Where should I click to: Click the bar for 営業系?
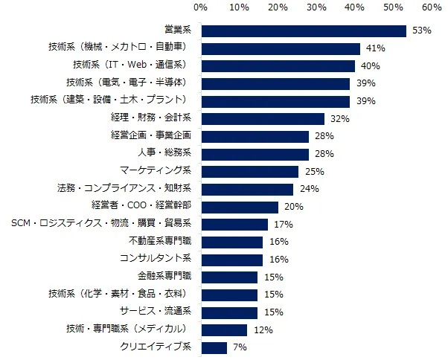[x=304, y=30]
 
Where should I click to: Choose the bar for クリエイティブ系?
[x=214, y=347]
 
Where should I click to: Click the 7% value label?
[x=239, y=347]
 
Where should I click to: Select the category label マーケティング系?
[x=156, y=171]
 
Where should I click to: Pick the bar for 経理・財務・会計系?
[x=263, y=118]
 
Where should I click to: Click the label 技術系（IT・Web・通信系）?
[x=134, y=65]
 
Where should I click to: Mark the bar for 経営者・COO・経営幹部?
[x=240, y=207]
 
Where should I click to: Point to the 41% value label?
[x=375, y=48]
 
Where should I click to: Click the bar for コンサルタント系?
[x=231, y=260]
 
